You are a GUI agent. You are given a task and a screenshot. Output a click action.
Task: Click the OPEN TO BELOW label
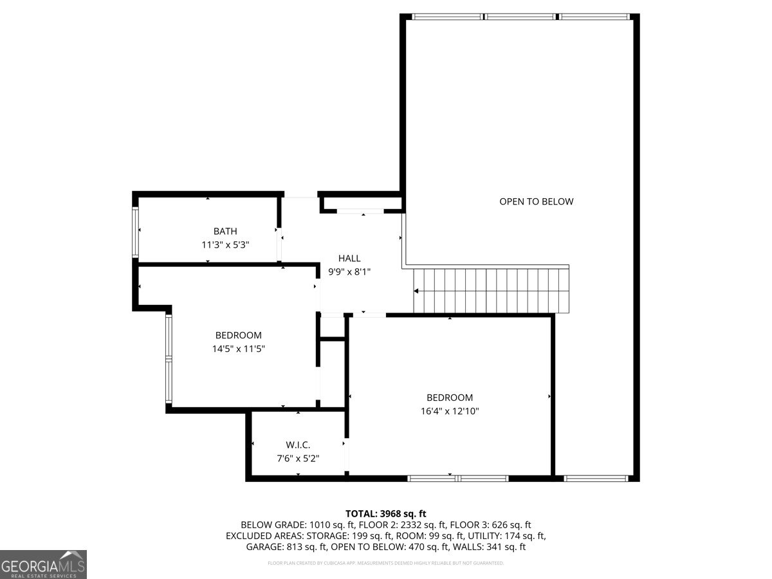tap(536, 201)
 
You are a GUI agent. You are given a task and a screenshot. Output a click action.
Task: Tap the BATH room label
tap(225, 231)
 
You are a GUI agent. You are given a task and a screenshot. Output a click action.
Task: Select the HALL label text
tap(349, 258)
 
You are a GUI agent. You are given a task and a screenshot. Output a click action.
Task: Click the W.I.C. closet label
tap(298, 445)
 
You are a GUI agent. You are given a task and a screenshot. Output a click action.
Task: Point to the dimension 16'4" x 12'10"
tap(449, 411)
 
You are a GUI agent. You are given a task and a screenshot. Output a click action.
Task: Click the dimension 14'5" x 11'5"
tap(238, 349)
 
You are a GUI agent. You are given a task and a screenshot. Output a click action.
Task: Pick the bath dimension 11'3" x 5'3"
tap(225, 245)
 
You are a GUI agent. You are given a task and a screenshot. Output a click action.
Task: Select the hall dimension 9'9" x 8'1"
tap(349, 271)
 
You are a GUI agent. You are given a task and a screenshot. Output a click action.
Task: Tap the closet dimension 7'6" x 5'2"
tap(298, 459)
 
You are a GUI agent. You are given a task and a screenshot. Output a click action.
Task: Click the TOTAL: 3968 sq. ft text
tap(386, 513)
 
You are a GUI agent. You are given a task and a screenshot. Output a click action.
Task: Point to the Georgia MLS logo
tap(43, 564)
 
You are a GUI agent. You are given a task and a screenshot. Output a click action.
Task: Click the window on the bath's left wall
tap(136, 232)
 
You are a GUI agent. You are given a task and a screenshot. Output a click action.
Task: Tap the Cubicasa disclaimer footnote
tap(386, 564)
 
